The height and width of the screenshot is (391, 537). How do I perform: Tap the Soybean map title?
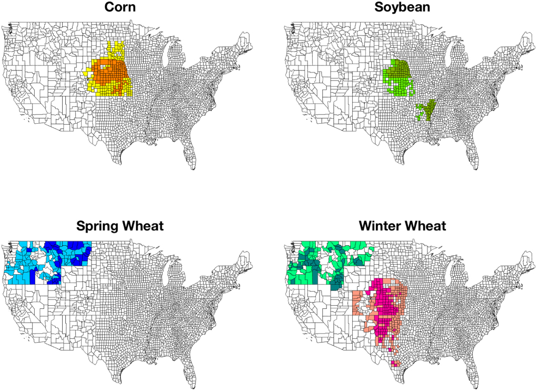(x=402, y=7)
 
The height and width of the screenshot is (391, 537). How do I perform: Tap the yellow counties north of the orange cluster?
(x=115, y=50)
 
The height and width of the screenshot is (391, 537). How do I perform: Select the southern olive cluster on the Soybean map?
(x=429, y=111)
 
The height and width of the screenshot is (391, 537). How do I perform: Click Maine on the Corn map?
(x=244, y=40)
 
